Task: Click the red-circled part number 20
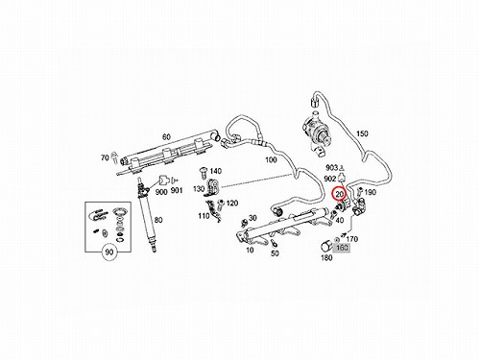[x=339, y=194]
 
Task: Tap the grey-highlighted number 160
[x=342, y=248]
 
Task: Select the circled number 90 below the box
[x=109, y=252]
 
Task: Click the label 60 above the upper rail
[x=166, y=137]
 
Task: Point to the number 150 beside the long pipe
[x=362, y=133]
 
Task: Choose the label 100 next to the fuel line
[x=271, y=159]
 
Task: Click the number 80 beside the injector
[x=158, y=220]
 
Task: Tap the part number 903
[x=332, y=167]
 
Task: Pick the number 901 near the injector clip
[x=177, y=191]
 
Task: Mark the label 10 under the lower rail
[x=250, y=250]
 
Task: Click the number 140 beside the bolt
[x=216, y=171]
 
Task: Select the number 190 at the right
[x=371, y=192]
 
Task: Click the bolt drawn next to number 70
[x=114, y=157]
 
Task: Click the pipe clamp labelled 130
[x=212, y=188]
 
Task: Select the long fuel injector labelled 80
[x=147, y=215]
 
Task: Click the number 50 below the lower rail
[x=275, y=253]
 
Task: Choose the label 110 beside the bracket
[x=204, y=216]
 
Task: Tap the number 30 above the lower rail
[x=252, y=218]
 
